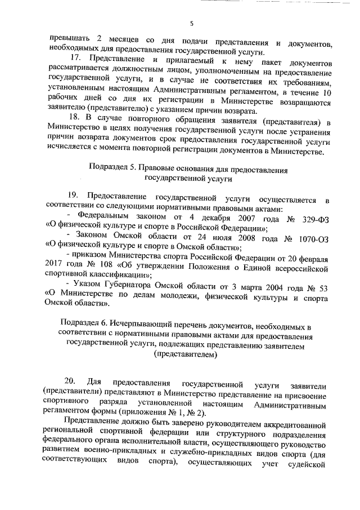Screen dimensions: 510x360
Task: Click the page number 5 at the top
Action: pos(192,23)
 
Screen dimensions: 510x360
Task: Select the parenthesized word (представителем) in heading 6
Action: pos(184,356)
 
